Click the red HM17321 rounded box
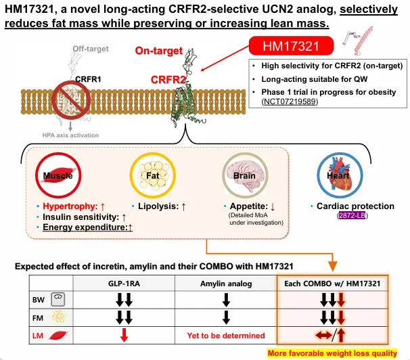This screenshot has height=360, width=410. [291, 46]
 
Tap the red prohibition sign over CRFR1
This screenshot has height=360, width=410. [71, 100]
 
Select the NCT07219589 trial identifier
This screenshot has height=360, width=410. [290, 102]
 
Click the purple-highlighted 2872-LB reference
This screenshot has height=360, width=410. [352, 215]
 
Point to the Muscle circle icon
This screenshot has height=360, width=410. [58, 175]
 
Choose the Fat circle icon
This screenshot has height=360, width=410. [152, 175]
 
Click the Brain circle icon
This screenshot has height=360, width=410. [245, 175]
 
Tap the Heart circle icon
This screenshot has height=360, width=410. [340, 175]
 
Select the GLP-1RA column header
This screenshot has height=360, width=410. [124, 284]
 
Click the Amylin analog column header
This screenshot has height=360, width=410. [226, 284]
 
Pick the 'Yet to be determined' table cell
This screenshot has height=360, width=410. [226, 336]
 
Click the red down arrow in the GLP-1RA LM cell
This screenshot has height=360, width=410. [124, 335]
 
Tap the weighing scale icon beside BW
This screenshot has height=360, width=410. [58, 299]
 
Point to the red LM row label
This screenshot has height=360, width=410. [38, 336]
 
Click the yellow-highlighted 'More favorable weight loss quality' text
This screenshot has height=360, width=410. [332, 353]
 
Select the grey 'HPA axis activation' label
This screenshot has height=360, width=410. [70, 135]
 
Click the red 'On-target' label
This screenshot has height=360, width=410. [159, 51]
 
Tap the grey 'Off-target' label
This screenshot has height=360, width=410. [91, 49]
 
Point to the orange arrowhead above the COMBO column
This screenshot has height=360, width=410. [332, 267]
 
